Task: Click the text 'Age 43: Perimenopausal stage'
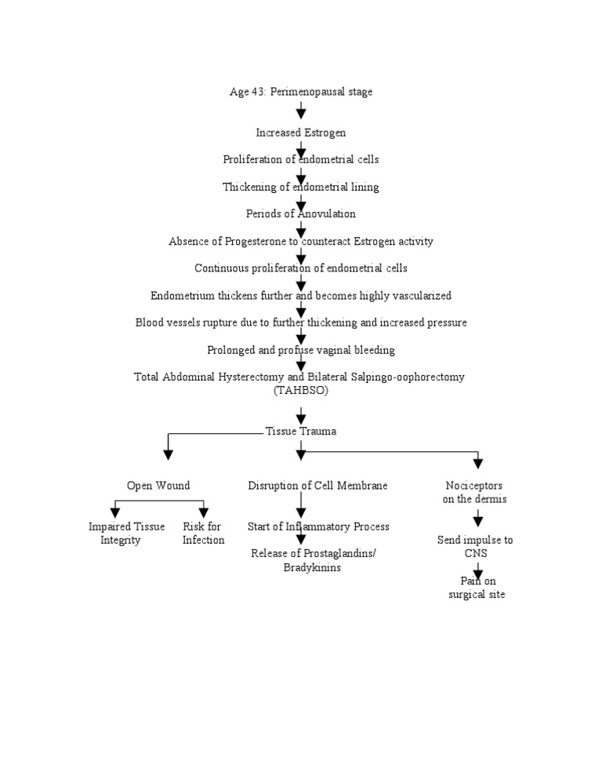coord(300,92)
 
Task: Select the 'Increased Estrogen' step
coord(300,133)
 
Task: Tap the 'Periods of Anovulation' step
coord(300,213)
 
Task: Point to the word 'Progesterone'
coord(245,241)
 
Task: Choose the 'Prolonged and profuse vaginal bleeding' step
coord(300,350)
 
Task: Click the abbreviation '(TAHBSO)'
coord(300,390)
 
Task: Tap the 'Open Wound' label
coord(158,486)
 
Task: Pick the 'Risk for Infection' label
coord(203,533)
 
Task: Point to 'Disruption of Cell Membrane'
coord(317,486)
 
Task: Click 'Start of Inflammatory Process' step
coord(318,527)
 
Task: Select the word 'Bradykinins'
coord(312,567)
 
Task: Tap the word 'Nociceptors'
coord(474,486)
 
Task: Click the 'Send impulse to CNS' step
coord(475,546)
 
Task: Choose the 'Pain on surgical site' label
coord(477,588)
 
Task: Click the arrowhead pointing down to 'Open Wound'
coord(167,453)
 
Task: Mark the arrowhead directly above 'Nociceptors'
coord(478,463)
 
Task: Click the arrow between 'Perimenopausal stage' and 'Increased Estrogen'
coord(301,111)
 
